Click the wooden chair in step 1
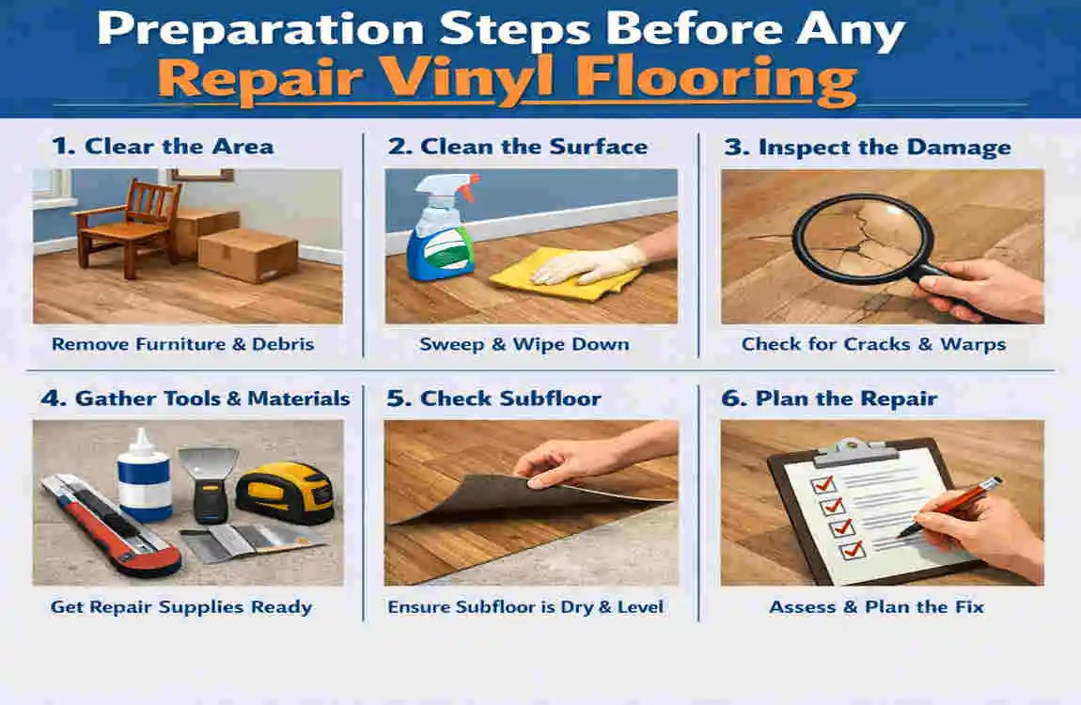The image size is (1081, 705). coord(127,221)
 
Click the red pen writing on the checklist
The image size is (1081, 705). coord(949,507)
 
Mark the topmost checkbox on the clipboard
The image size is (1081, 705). coord(823,484)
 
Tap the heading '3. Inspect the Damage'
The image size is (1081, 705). coord(866,148)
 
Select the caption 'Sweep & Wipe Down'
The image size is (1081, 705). coord(525,344)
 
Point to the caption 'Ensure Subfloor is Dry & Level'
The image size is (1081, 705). coord(525,607)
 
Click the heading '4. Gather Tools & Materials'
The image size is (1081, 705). coord(195,399)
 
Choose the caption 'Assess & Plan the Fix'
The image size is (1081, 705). coord(876,607)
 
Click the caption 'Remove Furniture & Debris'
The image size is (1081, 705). coord(182,344)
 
